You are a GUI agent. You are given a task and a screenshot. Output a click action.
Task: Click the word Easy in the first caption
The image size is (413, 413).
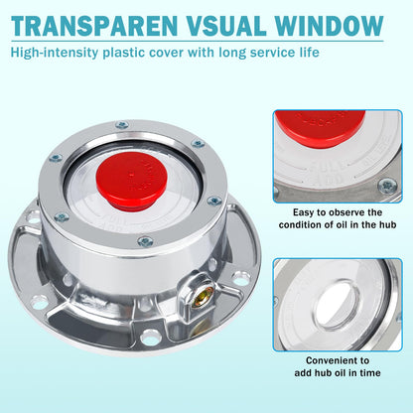point(301,212)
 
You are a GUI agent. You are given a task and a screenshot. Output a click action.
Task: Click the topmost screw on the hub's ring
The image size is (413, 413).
point(122,126)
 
